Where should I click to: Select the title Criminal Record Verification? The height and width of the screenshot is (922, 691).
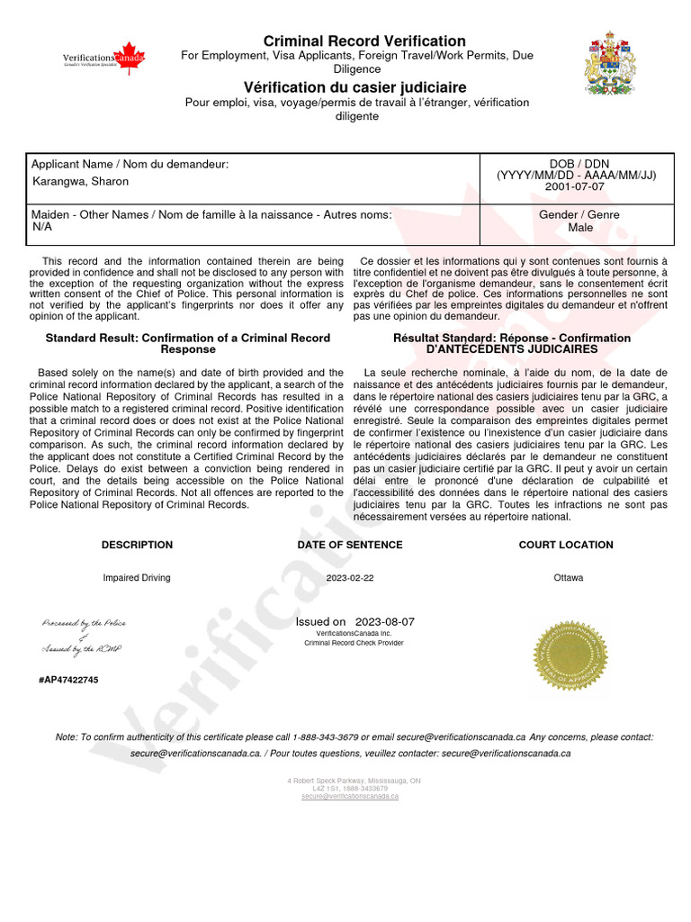pyautogui.click(x=363, y=41)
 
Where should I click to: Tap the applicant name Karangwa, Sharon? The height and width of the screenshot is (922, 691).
pyautogui.click(x=80, y=181)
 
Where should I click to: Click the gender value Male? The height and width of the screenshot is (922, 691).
pyautogui.click(x=579, y=228)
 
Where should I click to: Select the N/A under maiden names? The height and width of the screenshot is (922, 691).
pyautogui.click(x=42, y=227)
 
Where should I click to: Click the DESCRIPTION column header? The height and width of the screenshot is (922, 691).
pyautogui.click(x=137, y=545)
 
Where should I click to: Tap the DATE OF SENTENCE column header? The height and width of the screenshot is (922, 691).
pyautogui.click(x=350, y=545)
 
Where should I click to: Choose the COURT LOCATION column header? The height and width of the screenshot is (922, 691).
pyautogui.click(x=566, y=545)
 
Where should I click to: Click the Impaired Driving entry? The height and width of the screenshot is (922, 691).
pyautogui.click(x=137, y=577)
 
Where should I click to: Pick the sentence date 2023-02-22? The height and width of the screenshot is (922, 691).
pyautogui.click(x=350, y=577)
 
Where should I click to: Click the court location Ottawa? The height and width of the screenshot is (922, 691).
pyautogui.click(x=568, y=577)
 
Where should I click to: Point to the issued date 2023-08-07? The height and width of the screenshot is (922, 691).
pyautogui.click(x=384, y=621)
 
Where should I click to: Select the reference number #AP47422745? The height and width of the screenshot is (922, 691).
pyautogui.click(x=68, y=680)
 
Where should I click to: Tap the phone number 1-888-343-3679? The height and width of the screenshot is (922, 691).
pyautogui.click(x=326, y=737)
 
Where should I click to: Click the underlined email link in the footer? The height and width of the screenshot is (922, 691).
pyautogui.click(x=349, y=796)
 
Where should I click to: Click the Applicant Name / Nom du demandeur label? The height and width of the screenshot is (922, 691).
pyautogui.click(x=130, y=164)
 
